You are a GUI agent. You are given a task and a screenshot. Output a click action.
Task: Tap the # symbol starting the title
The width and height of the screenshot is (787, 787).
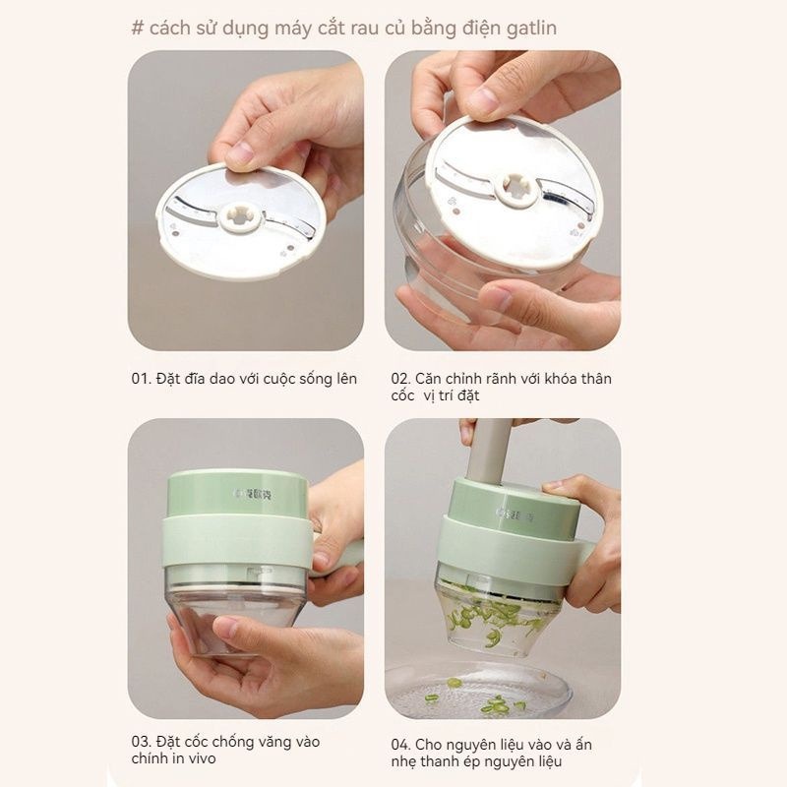pos(138,28)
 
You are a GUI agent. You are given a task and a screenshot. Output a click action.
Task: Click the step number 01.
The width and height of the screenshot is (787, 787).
pos(141,379)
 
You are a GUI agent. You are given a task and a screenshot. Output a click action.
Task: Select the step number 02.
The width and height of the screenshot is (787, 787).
pos(400,379)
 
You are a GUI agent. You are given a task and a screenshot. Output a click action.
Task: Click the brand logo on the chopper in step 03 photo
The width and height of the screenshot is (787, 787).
pos(253,493)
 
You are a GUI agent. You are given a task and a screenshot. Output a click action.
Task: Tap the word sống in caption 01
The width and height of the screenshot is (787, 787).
pos(315,379)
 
